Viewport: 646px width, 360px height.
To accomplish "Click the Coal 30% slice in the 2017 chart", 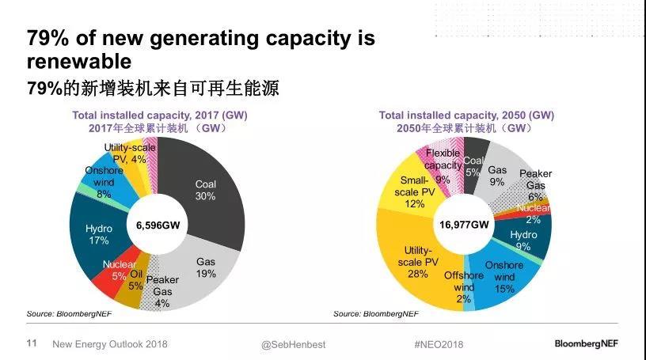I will pyautogui.click(x=207, y=190).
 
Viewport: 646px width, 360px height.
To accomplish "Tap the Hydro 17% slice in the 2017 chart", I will pyautogui.click(x=99, y=234).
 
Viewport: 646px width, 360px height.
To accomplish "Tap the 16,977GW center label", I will pyautogui.click(x=464, y=225).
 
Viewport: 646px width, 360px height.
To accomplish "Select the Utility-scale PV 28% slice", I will pyautogui.click(x=416, y=260).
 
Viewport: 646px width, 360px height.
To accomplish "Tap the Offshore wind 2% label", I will pyautogui.click(x=464, y=286).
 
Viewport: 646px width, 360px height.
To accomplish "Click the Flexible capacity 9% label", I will pyautogui.click(x=443, y=165).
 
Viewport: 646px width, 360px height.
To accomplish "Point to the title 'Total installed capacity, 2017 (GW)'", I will pyautogui.click(x=159, y=115).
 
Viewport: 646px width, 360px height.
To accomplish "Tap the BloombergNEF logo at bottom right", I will pyautogui.click(x=593, y=344).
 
